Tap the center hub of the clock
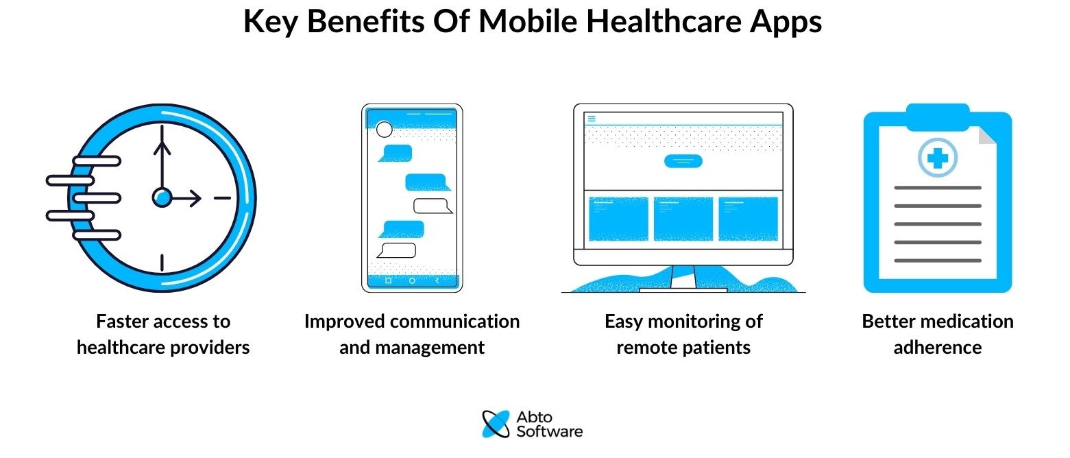(161, 198)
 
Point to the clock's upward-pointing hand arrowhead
(161, 146)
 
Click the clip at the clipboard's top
(937, 117)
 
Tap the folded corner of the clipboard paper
(987, 136)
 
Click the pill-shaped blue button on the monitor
(683, 161)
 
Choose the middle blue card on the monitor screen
(683, 219)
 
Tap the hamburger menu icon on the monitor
(592, 119)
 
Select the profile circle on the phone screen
(385, 130)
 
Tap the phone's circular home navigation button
(412, 280)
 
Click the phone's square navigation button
(388, 280)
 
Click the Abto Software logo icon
(496, 424)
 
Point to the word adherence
(937, 348)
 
